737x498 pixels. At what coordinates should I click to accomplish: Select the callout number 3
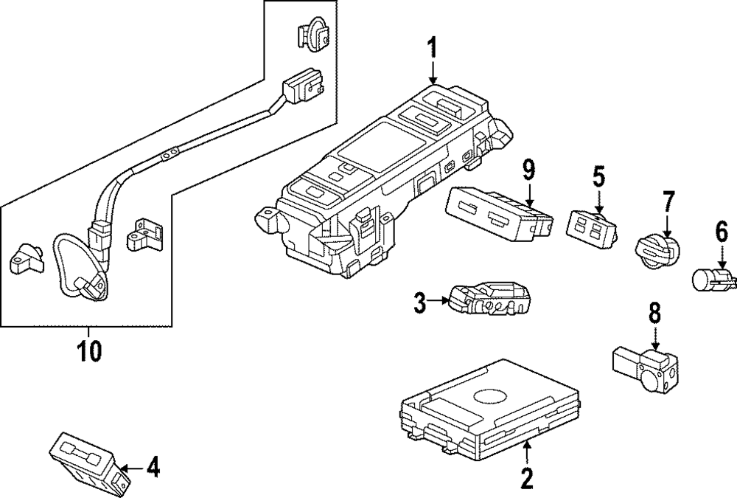[x=419, y=303]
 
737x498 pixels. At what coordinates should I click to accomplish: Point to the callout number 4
[x=151, y=467]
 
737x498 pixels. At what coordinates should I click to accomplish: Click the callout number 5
[x=598, y=177]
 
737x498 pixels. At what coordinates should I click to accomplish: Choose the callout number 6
[x=722, y=234]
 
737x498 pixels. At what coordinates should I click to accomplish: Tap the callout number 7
[x=668, y=201]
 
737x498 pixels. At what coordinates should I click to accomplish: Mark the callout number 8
[x=654, y=313]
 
